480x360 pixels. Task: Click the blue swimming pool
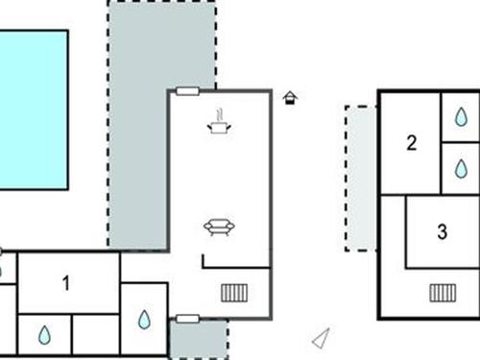click(x=33, y=108)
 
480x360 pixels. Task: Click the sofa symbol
click(x=220, y=228)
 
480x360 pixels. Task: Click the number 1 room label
click(x=66, y=283)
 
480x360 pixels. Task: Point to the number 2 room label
click(x=412, y=144)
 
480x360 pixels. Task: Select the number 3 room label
click(x=442, y=231)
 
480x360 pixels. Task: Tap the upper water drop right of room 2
click(x=461, y=116)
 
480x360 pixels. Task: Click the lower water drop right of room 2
click(x=461, y=169)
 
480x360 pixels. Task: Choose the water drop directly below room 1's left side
click(x=44, y=335)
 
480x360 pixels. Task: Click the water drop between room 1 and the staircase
click(x=144, y=320)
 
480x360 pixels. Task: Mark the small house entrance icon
click(x=290, y=97)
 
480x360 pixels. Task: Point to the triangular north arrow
click(x=322, y=338)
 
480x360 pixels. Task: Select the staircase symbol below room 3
click(x=443, y=293)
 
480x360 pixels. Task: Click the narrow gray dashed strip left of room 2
click(x=361, y=178)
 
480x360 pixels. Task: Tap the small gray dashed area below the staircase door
click(x=198, y=340)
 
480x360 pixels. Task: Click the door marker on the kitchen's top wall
click(x=188, y=92)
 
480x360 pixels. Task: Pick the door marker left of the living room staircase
click(x=188, y=318)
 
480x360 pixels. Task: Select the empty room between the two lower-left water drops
click(x=96, y=335)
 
